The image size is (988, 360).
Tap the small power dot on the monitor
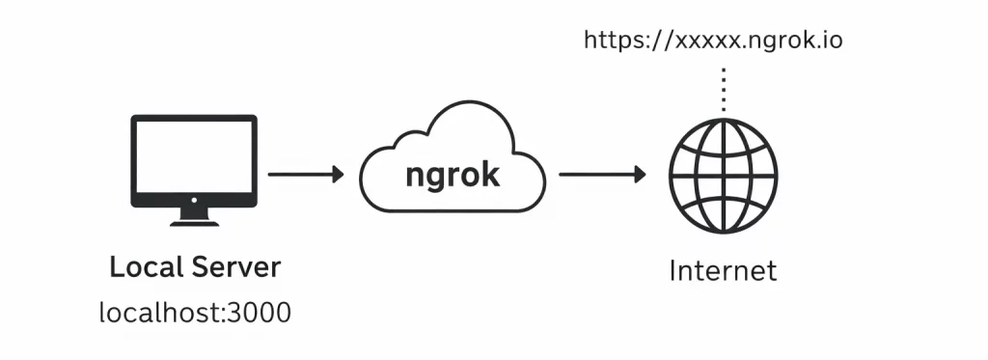(194, 200)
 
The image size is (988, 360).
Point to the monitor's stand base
(194, 221)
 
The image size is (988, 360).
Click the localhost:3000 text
(194, 313)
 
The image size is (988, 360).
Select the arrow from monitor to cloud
(304, 175)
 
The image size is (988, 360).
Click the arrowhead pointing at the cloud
(337, 175)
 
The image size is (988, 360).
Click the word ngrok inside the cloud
(453, 175)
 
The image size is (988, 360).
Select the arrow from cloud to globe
(600, 175)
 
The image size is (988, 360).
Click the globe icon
(724, 175)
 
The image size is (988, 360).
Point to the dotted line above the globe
(724, 89)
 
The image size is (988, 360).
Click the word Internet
(723, 270)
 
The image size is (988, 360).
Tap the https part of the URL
(614, 42)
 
